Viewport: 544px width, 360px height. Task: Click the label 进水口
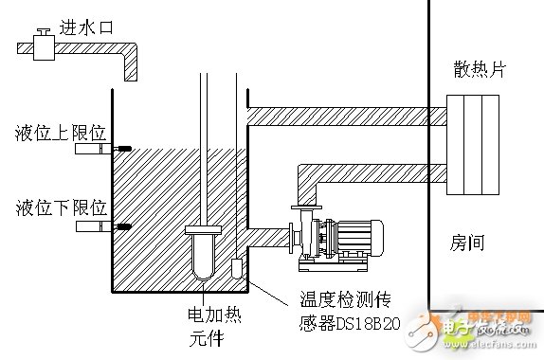click(87, 28)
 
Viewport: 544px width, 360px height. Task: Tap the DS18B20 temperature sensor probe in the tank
click(237, 268)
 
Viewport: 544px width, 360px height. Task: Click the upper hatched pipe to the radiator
click(341, 115)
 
